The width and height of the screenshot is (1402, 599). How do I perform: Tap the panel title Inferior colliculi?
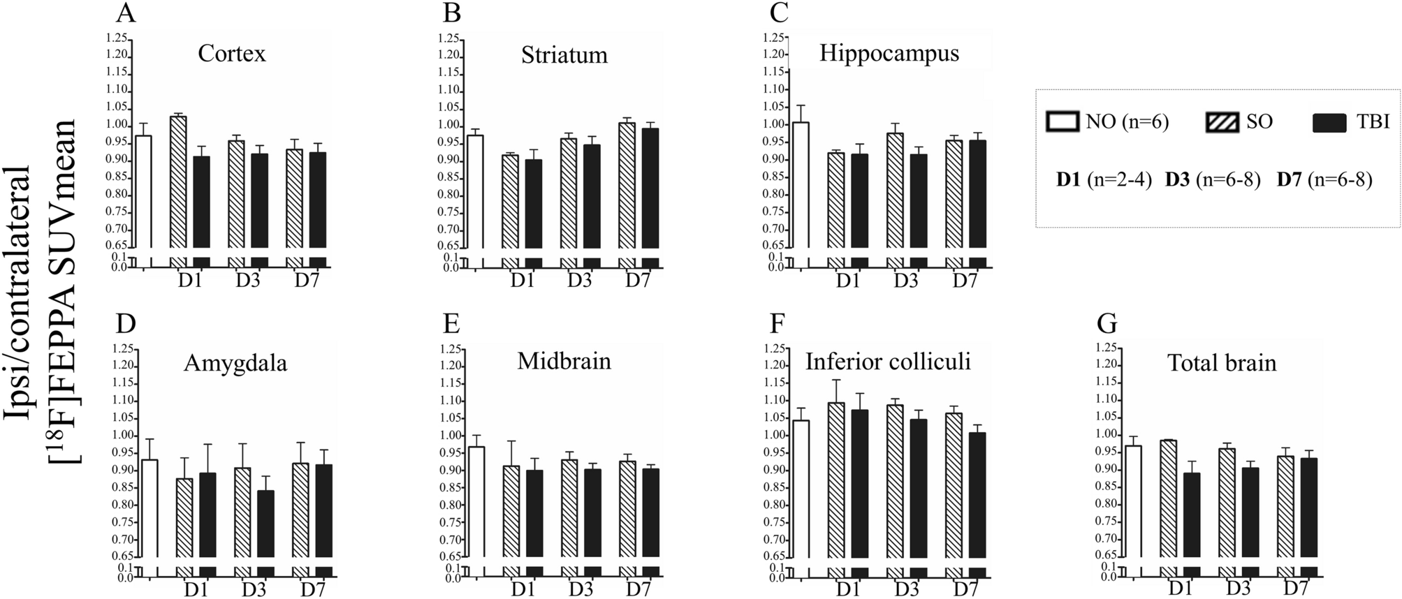pyautogui.click(x=888, y=362)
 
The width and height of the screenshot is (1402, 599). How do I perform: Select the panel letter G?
pyautogui.click(x=1107, y=324)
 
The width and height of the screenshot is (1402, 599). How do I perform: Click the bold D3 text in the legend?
pyautogui.click(x=1177, y=180)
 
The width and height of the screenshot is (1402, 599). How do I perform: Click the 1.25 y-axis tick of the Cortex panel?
pyautogui.click(x=117, y=38)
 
